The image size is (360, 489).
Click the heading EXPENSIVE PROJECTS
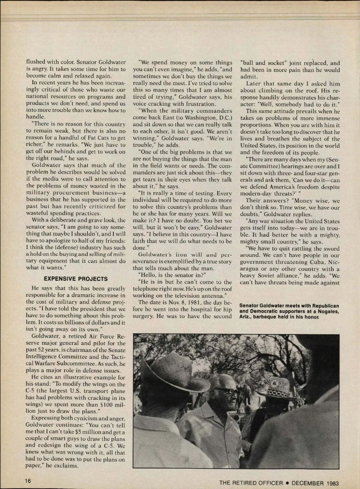pyautogui.click(x=76, y=279)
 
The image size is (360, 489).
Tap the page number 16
pyautogui.click(x=28, y=481)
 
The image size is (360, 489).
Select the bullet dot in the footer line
pyautogui.click(x=287, y=483)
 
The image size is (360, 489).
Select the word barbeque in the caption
pyautogui.click(x=264, y=317)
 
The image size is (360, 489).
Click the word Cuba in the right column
pyautogui.click(x=313, y=262)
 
